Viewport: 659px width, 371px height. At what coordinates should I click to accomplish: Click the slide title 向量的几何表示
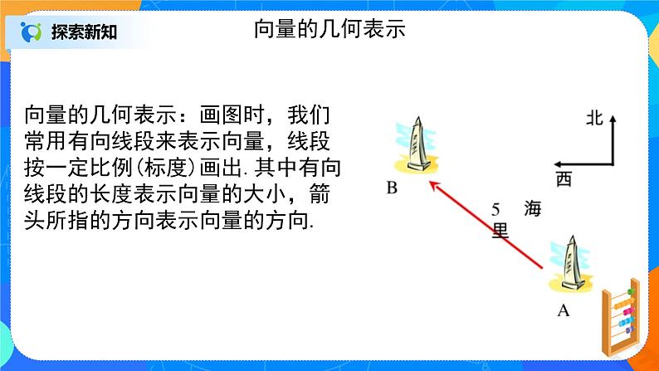pyautogui.click(x=329, y=30)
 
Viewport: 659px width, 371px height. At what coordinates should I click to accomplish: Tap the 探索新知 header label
pyautogui.click(x=83, y=32)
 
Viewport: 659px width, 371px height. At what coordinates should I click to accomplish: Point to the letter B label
pyautogui.click(x=392, y=188)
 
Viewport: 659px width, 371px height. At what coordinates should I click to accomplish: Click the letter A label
pyautogui.click(x=564, y=311)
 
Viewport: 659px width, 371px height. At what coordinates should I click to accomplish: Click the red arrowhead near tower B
pyautogui.click(x=432, y=183)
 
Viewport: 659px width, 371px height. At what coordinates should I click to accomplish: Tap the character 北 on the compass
pyautogui.click(x=593, y=119)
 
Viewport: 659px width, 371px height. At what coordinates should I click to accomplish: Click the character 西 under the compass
pyautogui.click(x=564, y=179)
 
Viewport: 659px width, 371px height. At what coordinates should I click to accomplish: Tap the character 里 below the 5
pyautogui.click(x=500, y=231)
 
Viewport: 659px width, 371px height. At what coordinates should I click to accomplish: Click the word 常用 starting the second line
pyautogui.click(x=46, y=140)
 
